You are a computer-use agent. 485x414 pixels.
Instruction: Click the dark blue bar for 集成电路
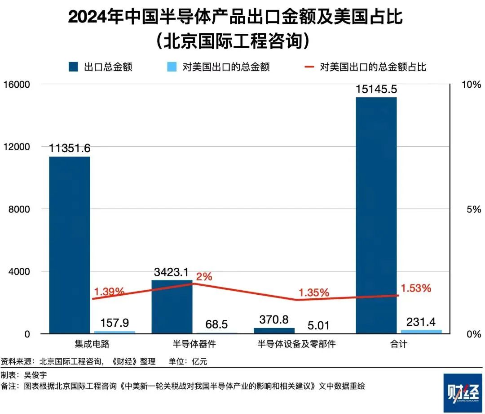pyautogui.click(x=69, y=245)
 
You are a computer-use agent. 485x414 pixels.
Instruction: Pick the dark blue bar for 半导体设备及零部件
pyautogui.click(x=274, y=331)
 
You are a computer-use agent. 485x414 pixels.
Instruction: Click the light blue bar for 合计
pyautogui.click(x=421, y=332)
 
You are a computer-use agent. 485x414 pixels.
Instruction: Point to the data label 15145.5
pyautogui.click(x=376, y=89)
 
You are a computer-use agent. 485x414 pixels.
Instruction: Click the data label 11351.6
pyautogui.click(x=70, y=148)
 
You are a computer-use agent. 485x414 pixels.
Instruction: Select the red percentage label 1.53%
pyautogui.click(x=416, y=288)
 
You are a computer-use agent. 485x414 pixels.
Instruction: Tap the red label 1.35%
pyautogui.click(x=314, y=292)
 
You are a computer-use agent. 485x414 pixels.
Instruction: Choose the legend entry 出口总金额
pyautogui.click(x=101, y=67)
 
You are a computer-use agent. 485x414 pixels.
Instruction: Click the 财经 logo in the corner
pyautogui.click(x=462, y=393)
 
